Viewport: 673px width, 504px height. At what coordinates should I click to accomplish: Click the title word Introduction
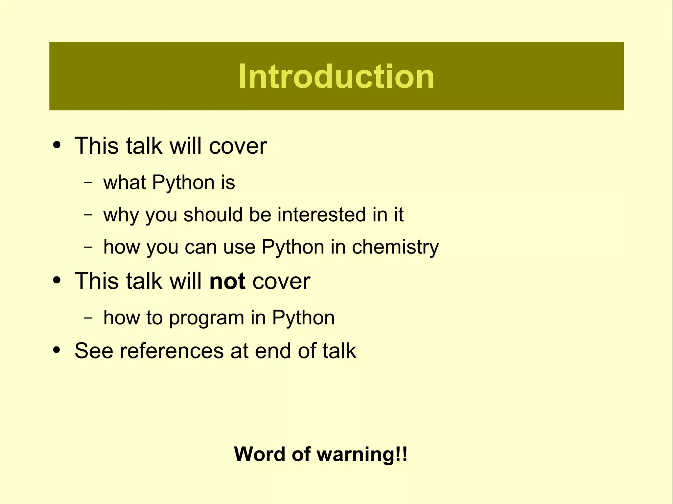(336, 76)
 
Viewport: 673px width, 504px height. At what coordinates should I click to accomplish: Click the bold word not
(227, 281)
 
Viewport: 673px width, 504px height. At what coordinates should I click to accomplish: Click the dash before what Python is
(88, 183)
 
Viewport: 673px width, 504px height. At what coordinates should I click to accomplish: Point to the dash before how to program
(88, 318)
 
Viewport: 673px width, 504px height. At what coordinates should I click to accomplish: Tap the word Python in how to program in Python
(303, 318)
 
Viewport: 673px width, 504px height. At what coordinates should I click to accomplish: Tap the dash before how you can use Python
(88, 247)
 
